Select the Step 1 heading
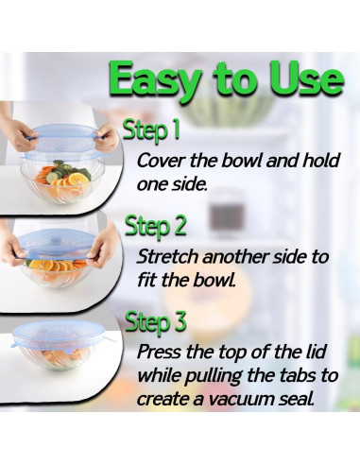[151, 129]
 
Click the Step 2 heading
[155, 226]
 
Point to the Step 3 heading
[156, 321]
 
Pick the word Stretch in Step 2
[168, 256]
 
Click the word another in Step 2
[235, 257]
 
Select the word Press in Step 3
[160, 352]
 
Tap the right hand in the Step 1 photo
[106, 138]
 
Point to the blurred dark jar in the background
[226, 215]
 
